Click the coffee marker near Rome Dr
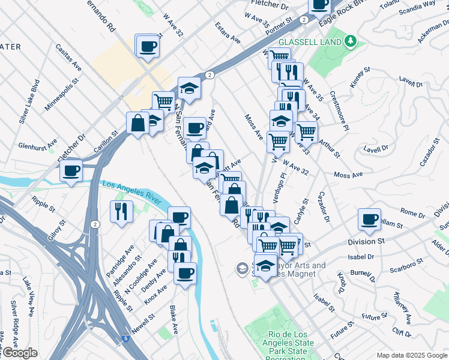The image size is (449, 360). pyautogui.click(x=369, y=219)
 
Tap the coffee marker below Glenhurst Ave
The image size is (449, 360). pyautogui.click(x=71, y=170)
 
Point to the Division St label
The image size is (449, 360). pyautogui.click(x=366, y=241)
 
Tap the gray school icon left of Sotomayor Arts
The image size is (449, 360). pyautogui.click(x=242, y=268)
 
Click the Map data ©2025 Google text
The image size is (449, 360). pyautogui.click(x=412, y=355)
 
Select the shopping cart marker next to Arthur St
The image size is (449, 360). pyautogui.click(x=306, y=131)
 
